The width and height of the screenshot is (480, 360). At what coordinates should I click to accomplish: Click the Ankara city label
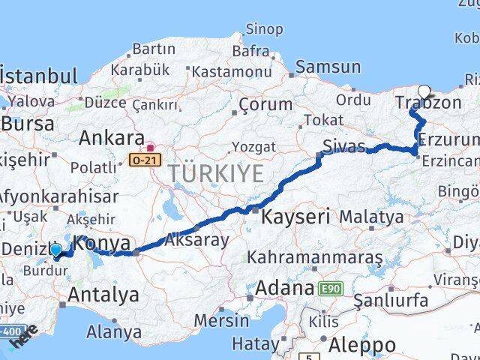[112, 139]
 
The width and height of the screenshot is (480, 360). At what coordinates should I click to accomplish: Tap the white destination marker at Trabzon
[424, 93]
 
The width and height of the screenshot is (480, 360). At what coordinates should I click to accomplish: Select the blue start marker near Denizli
[55, 250]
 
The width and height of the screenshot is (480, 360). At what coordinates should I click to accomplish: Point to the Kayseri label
[296, 218]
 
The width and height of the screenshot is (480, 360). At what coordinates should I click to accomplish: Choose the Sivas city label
[344, 145]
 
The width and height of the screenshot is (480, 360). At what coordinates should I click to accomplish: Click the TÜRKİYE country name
[216, 173]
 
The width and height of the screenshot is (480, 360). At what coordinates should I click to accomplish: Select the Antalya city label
[103, 295]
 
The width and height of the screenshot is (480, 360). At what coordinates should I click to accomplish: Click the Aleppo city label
[363, 346]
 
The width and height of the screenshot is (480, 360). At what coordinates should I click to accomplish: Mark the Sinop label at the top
[265, 29]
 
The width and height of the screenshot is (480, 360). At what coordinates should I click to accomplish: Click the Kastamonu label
[231, 72]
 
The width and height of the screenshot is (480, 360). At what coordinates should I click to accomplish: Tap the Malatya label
[371, 217]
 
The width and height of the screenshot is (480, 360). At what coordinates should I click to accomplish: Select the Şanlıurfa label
[391, 300]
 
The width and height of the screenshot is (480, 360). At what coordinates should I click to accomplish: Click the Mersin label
[222, 320]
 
